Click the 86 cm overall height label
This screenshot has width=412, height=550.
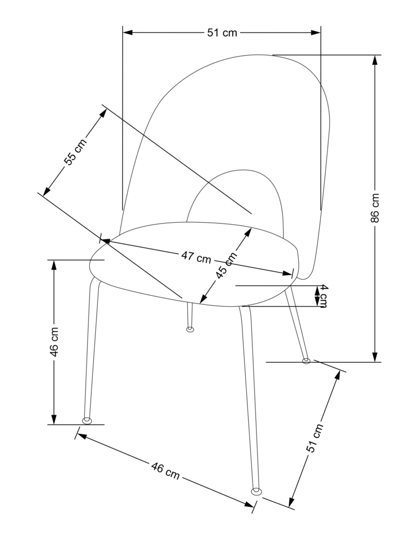click(375, 208)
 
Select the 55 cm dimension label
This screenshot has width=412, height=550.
click(75, 152)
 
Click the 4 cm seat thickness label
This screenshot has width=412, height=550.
click(323, 296)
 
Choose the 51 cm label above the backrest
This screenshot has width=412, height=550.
click(222, 32)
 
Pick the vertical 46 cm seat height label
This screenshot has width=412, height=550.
click(54, 341)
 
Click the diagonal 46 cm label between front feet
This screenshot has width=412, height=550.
click(165, 471)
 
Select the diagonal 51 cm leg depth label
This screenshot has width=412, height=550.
click(315, 438)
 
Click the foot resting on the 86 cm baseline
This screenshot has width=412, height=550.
click(306, 360)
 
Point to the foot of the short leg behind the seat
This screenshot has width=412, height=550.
click(190, 329)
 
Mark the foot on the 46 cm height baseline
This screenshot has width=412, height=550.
click(87, 421)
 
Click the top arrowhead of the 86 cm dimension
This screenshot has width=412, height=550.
click(375, 60)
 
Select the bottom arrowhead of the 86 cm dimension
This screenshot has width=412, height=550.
click(375, 357)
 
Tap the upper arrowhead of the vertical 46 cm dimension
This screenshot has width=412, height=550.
click(54, 265)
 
